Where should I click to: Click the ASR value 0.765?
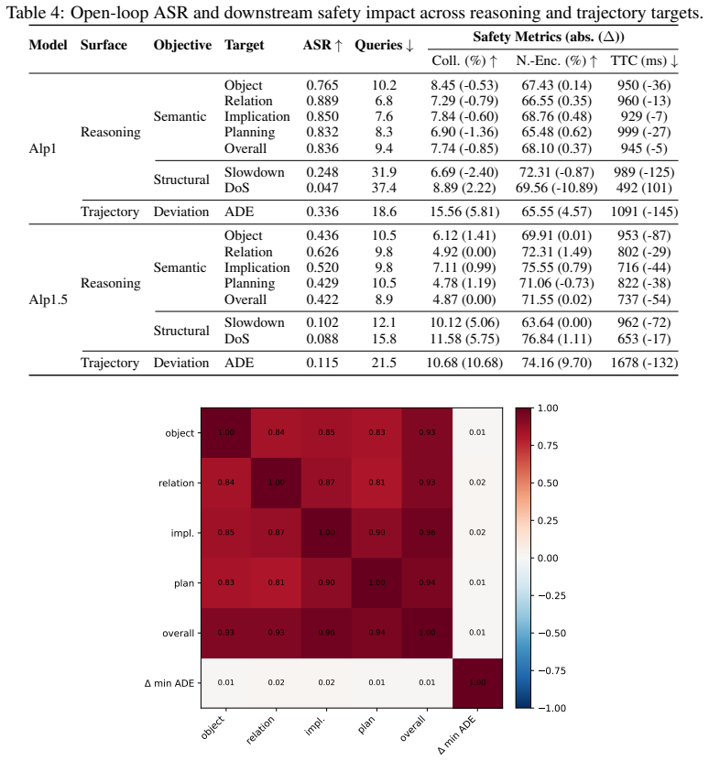pyautogui.click(x=322, y=85)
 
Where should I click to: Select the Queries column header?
pyautogui.click(x=384, y=45)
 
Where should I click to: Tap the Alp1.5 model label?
pyautogui.click(x=48, y=299)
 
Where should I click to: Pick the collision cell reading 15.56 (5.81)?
pyautogui.click(x=464, y=212)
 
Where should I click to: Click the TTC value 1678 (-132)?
pyautogui.click(x=644, y=363)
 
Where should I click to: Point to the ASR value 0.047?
pyautogui.click(x=322, y=188)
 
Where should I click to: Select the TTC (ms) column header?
pyautogui.click(x=644, y=60)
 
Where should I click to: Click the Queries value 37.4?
pyautogui.click(x=384, y=188)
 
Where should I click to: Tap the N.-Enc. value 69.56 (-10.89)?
pyautogui.click(x=557, y=188)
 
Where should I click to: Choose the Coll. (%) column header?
pyautogui.click(x=464, y=60)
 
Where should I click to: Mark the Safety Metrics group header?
pyautogui.click(x=549, y=37)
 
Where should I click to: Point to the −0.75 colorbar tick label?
pyautogui.click(x=551, y=670)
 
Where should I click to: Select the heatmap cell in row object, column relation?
pyautogui.click(x=277, y=433)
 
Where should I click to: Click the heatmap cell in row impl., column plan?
pyautogui.click(x=376, y=533)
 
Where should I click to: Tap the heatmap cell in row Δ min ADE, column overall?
pyautogui.click(x=427, y=683)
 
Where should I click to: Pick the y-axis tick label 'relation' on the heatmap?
pyautogui.click(x=176, y=483)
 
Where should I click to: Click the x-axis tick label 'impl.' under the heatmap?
pyautogui.click(x=315, y=726)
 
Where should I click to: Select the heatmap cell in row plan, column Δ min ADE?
pyautogui.click(x=477, y=582)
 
